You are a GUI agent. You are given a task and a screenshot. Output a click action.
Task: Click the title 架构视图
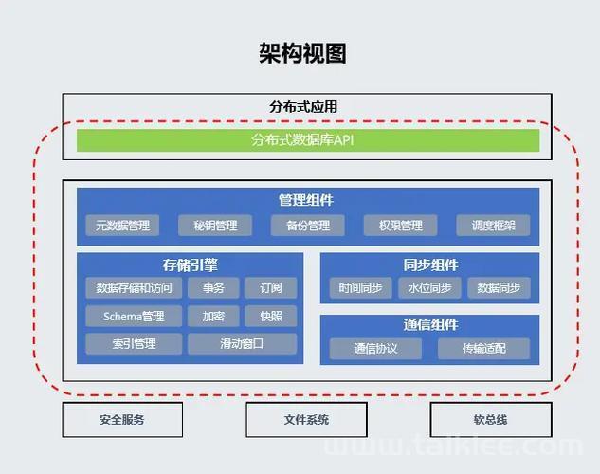coord(302,53)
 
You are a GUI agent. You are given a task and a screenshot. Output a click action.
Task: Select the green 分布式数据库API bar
coord(308,140)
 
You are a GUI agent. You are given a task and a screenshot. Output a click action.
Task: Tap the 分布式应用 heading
coord(303,107)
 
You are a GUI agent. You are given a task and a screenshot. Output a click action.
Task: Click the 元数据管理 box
coord(122,226)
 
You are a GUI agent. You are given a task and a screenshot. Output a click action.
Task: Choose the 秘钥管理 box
coord(215,226)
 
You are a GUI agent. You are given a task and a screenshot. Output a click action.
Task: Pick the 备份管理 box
coord(308,226)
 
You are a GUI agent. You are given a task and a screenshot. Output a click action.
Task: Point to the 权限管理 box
coord(400,226)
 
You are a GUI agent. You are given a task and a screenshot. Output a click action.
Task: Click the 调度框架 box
coord(493,226)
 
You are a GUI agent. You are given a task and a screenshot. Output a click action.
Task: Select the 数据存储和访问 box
coord(134,287)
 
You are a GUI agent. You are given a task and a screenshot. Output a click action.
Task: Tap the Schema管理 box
coord(134,316)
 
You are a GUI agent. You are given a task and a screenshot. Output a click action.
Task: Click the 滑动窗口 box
coord(243,343)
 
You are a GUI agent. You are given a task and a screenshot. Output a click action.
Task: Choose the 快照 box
coord(271,316)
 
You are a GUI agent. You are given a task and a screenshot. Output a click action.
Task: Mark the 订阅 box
coord(271,287)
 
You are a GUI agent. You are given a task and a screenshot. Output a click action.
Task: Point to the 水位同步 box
coord(429,287)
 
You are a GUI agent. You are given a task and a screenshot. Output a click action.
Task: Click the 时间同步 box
coord(360,287)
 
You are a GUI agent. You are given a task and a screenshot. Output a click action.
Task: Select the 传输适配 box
coord(484,349)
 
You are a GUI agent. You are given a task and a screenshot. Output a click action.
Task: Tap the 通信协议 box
coord(375,349)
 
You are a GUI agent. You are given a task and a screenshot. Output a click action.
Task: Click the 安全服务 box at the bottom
coord(122,420)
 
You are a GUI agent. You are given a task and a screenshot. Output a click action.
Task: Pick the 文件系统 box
coord(306,420)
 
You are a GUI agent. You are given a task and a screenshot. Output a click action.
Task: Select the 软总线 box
coord(491,420)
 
